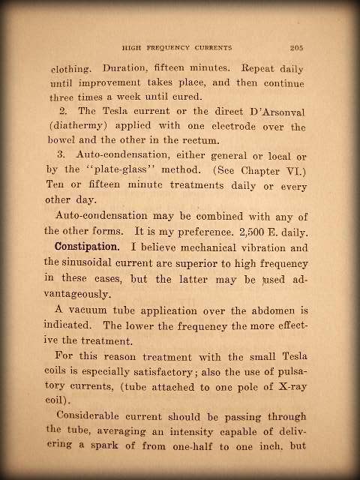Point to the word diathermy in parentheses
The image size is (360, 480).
coord(85,128)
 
